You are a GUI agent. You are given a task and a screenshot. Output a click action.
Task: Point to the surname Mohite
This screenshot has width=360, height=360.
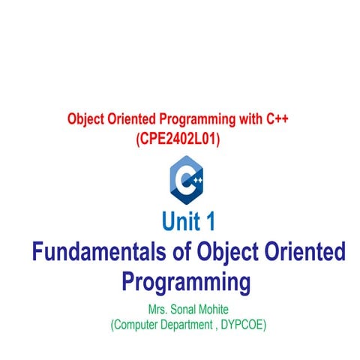click(x=208, y=310)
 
